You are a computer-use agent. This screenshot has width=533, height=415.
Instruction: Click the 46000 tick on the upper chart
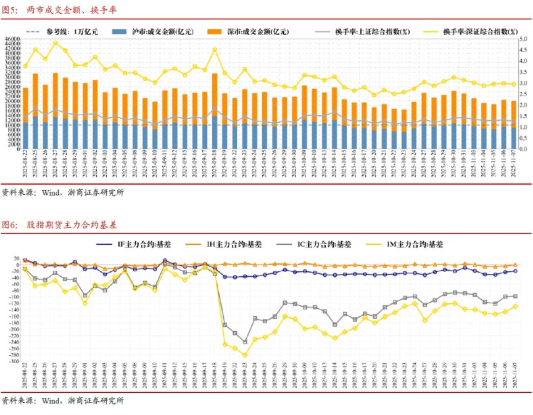click(13, 39)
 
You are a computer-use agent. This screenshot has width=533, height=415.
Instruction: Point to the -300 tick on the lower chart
click(13, 362)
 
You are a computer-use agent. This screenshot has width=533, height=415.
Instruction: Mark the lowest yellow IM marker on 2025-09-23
click(245, 355)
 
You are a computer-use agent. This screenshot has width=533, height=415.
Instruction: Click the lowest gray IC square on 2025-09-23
click(245, 342)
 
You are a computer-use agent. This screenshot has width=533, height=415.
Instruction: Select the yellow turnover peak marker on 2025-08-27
click(56, 43)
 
